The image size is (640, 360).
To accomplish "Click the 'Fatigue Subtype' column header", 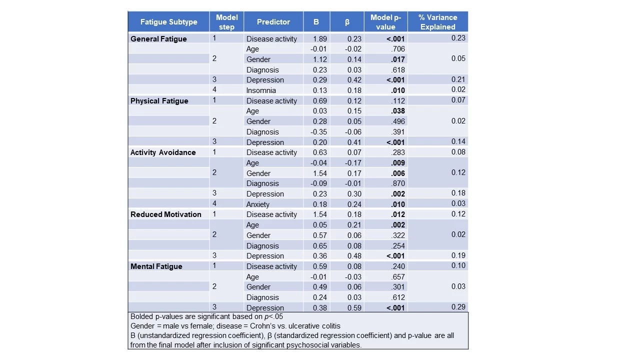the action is [168, 22].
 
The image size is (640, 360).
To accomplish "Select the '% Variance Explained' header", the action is [437, 22].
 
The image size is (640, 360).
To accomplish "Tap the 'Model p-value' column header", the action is [385, 22].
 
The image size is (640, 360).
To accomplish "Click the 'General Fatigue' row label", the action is [158, 39].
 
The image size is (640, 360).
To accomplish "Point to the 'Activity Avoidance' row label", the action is [163, 152].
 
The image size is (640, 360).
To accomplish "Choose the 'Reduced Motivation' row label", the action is [166, 214].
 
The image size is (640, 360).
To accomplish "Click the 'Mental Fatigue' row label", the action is [156, 266].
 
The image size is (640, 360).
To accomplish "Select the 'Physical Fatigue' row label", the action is [159, 101].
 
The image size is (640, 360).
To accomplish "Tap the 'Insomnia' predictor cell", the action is [261, 90].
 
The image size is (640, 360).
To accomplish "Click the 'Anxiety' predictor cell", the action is [257, 204].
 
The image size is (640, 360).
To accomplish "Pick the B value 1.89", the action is [320, 39].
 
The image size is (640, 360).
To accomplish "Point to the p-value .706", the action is [398, 49].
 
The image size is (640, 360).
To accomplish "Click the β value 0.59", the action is [354, 308].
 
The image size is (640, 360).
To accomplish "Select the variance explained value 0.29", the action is [458, 307].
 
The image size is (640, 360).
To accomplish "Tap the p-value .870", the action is [398, 183].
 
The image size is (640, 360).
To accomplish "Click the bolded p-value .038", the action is [398, 111].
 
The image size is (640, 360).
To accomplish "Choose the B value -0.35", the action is [318, 132].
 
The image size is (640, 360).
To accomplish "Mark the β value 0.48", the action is [354, 256].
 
